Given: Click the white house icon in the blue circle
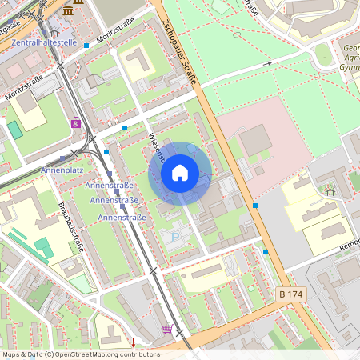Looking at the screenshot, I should (x=180, y=173).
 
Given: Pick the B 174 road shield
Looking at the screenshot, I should (x=292, y=295).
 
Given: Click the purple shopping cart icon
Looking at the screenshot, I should (x=166, y=329).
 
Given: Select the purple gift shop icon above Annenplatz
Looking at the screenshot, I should (x=76, y=122).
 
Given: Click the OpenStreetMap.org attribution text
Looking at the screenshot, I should (x=80, y=354).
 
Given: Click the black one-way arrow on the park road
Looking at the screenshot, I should (x=270, y=63).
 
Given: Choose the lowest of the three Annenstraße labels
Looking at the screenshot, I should (x=121, y=217).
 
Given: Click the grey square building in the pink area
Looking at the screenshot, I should (x=255, y=140).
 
